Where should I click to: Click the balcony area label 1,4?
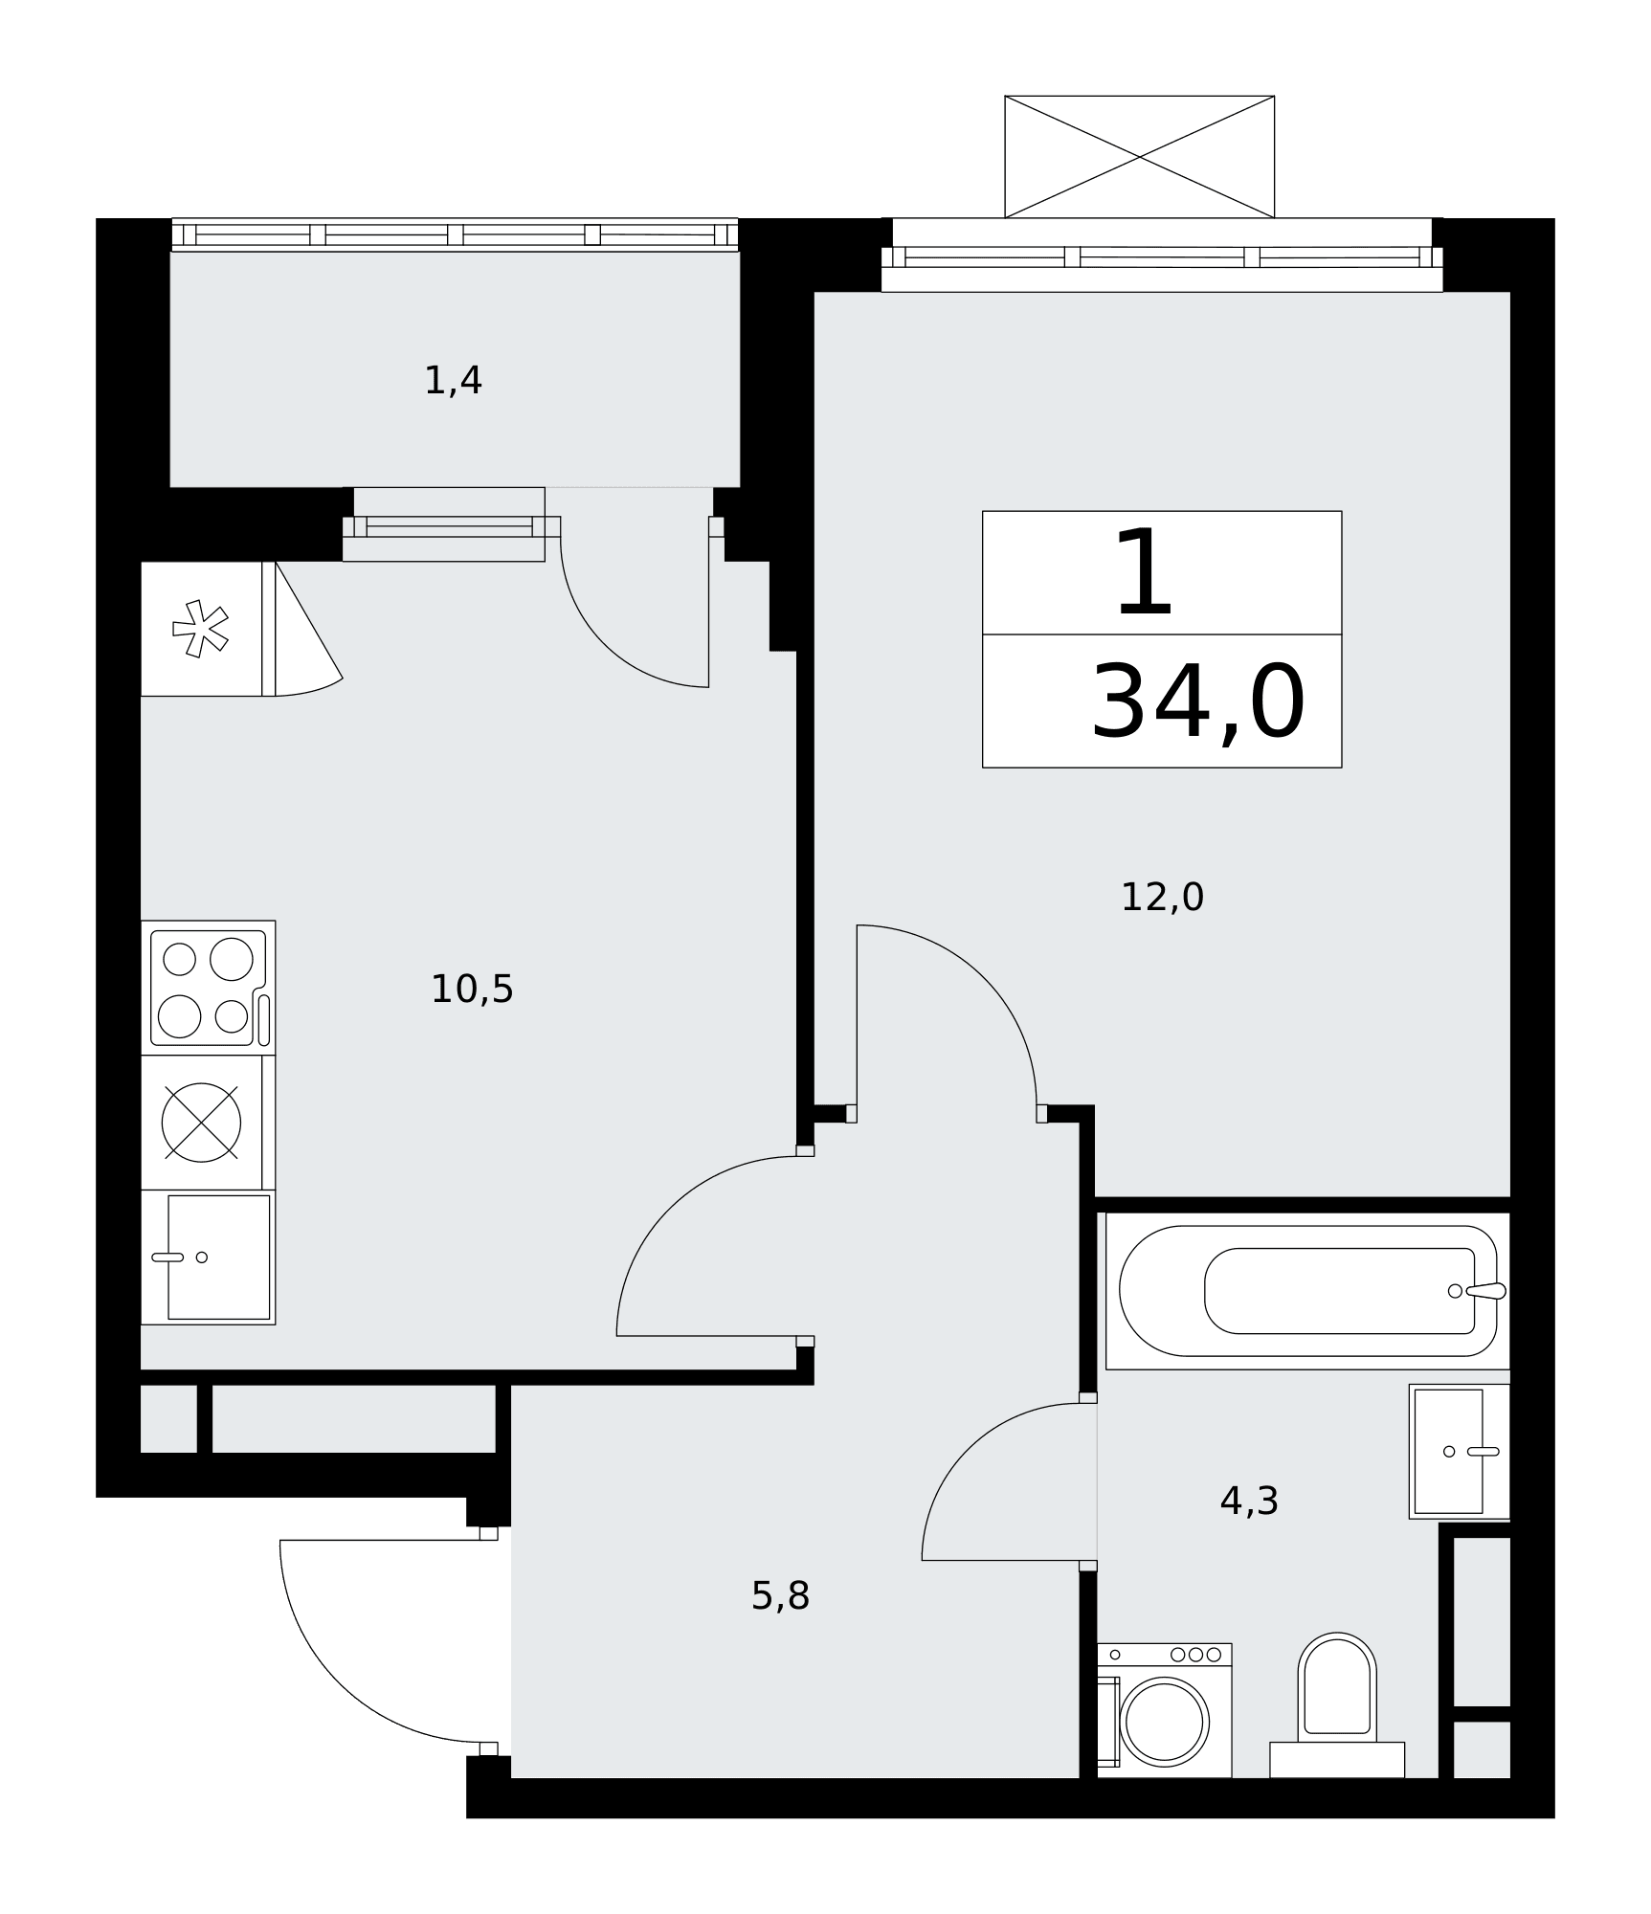[x=453, y=381]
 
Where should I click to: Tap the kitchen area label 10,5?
[x=472, y=989]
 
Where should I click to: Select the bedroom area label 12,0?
[x=1162, y=897]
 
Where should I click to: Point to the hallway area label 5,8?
[x=780, y=1595]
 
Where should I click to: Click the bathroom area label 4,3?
[x=1249, y=1501]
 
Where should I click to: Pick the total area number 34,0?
[x=1198, y=703]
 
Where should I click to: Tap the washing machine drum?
[x=1164, y=1722]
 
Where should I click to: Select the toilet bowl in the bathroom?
[x=1337, y=1686]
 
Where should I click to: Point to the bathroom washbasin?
[x=1459, y=1451]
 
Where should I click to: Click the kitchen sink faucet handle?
[x=167, y=1257]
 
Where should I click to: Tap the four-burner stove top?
[x=209, y=988]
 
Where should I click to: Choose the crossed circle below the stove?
[x=201, y=1123]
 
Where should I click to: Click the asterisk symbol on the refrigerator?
[x=200, y=629]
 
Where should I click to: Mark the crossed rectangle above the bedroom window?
[x=1139, y=157]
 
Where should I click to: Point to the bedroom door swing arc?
[x=984, y=978]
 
